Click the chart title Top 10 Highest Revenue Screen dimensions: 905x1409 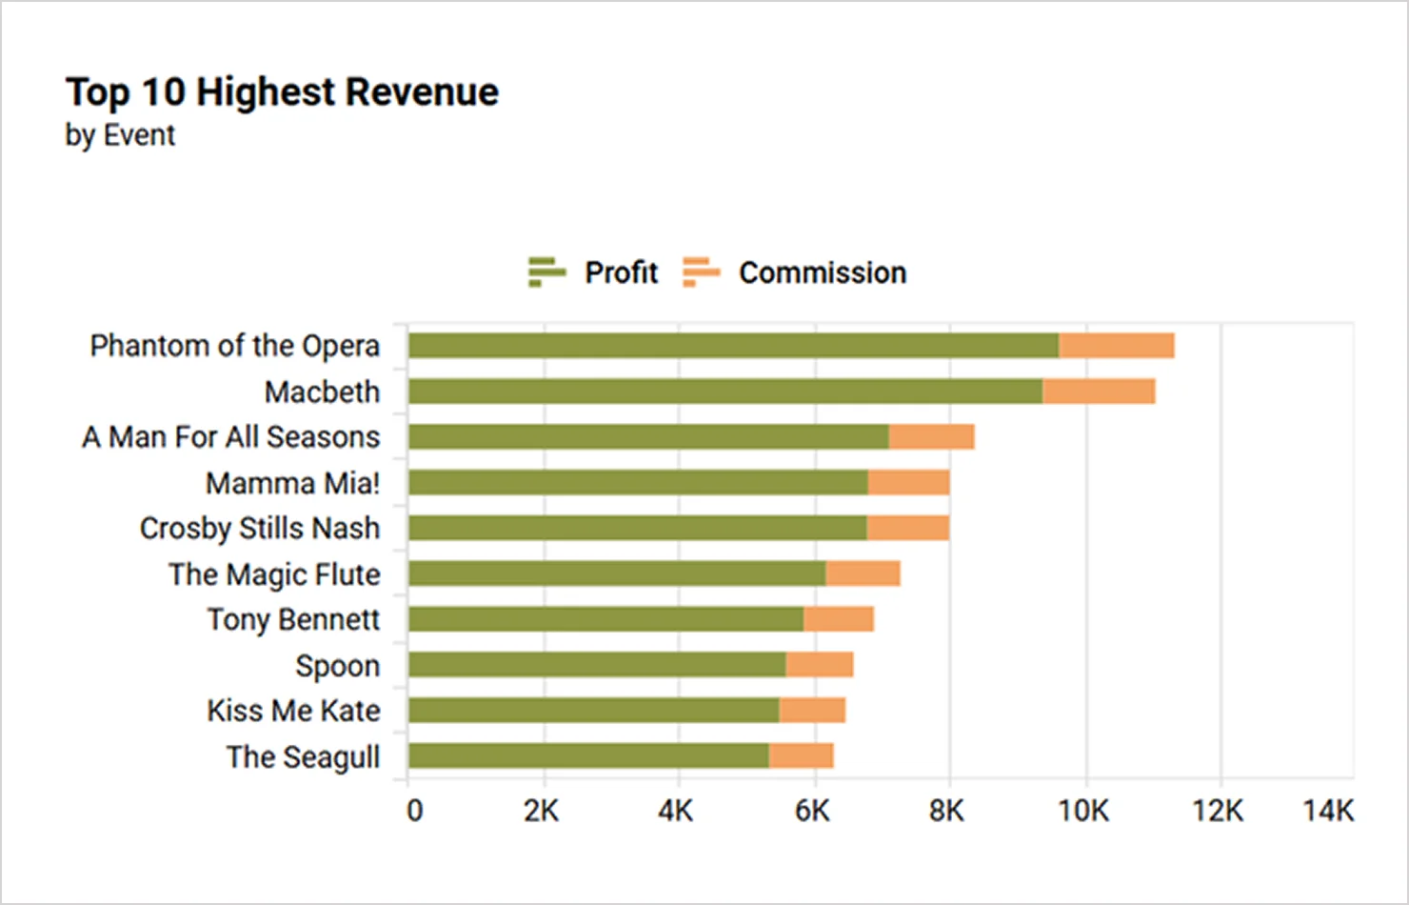click(x=282, y=92)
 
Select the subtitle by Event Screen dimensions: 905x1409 click(x=120, y=135)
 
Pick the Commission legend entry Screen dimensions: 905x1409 click(x=795, y=272)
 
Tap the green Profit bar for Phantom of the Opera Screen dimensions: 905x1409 click(x=733, y=346)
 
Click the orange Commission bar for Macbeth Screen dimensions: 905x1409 click(x=1099, y=392)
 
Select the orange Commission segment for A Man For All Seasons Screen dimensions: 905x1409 click(x=931, y=437)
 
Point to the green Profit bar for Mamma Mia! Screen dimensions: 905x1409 click(x=638, y=483)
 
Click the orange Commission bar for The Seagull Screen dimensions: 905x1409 click(x=801, y=756)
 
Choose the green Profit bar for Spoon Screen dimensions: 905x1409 click(x=597, y=665)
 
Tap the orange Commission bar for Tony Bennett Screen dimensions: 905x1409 click(x=838, y=619)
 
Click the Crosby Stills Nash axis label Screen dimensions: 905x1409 click(x=259, y=529)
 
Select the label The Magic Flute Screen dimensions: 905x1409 click(x=274, y=574)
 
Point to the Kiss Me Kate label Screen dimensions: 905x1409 click(x=293, y=711)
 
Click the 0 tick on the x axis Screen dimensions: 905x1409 click(x=414, y=811)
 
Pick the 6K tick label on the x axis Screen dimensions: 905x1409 click(x=812, y=811)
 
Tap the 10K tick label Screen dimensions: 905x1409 click(x=1083, y=811)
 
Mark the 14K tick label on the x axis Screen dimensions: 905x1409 click(x=1328, y=811)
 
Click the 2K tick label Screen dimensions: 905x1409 click(x=541, y=811)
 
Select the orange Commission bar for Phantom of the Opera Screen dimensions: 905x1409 click(x=1116, y=346)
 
